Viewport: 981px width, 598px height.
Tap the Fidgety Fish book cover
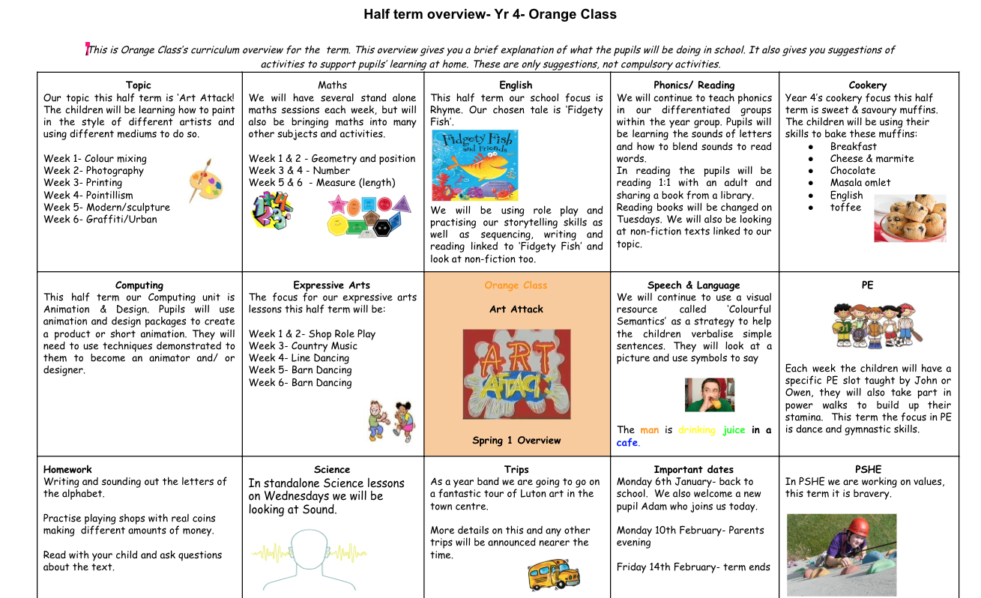pyautogui.click(x=474, y=165)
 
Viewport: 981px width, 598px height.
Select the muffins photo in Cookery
pyautogui.click(x=910, y=217)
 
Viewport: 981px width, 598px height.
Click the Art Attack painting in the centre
pyautogui.click(x=516, y=374)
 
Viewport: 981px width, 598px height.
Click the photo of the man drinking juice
pyautogui.click(x=709, y=395)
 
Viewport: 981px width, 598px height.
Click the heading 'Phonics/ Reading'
pyautogui.click(x=694, y=85)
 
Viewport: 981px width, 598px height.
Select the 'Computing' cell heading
pyautogui.click(x=139, y=286)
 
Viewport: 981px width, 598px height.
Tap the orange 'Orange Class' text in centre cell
pyautogui.click(x=516, y=286)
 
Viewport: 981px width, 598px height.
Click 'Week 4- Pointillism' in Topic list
pyautogui.click(x=88, y=195)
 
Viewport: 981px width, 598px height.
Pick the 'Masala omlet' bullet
pyautogui.click(x=860, y=183)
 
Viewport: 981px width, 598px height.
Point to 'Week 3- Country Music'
pyautogui.click(x=303, y=346)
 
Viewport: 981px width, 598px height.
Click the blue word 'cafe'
pyautogui.click(x=627, y=443)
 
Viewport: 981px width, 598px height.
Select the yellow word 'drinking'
pyautogui.click(x=697, y=430)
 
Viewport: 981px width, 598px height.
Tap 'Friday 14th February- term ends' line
pyautogui.click(x=693, y=567)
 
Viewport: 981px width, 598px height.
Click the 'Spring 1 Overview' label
pyautogui.click(x=516, y=441)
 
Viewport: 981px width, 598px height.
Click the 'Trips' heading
pyautogui.click(x=516, y=470)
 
